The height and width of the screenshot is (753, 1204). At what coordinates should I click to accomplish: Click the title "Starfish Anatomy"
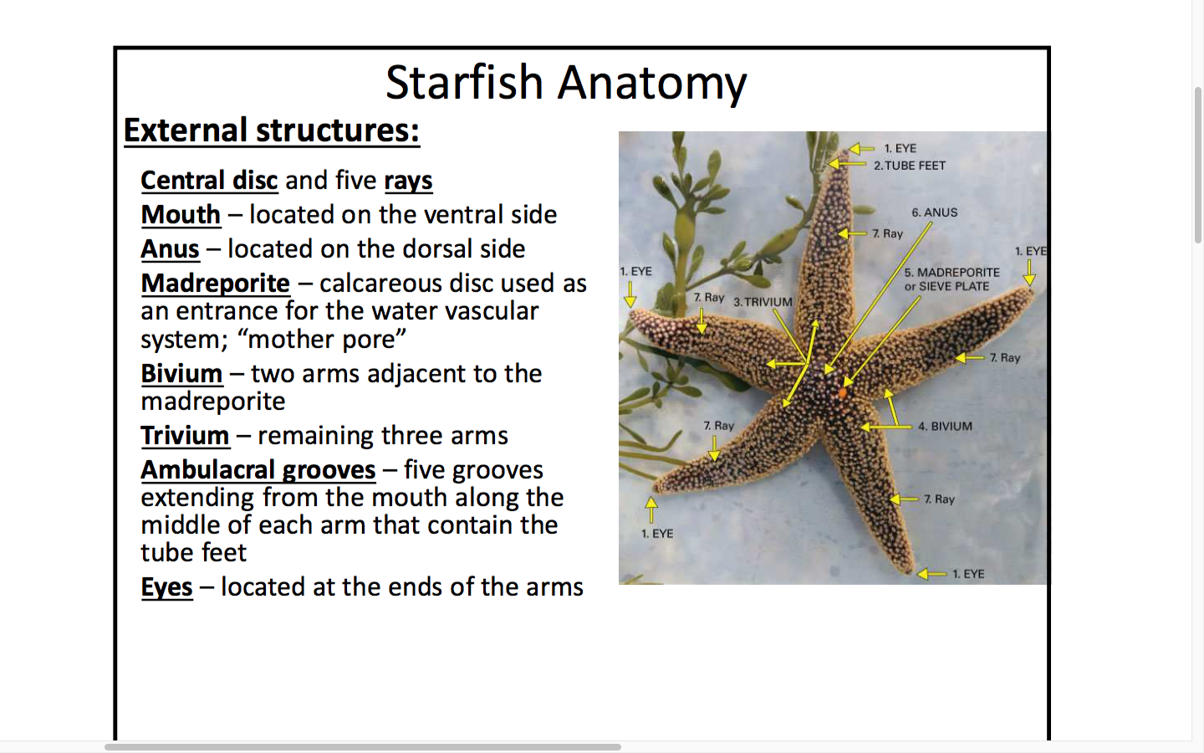[x=566, y=83]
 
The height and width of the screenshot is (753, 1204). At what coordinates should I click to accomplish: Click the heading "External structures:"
[x=272, y=131]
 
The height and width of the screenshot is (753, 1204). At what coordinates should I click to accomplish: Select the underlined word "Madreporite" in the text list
[x=216, y=283]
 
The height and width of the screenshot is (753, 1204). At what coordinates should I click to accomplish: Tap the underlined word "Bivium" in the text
[x=181, y=373]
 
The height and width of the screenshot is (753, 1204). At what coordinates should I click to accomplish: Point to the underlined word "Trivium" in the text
[x=185, y=435]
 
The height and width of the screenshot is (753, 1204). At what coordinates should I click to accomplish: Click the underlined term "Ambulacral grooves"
[x=258, y=470]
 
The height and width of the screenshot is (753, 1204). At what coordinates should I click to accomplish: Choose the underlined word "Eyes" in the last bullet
[x=166, y=587]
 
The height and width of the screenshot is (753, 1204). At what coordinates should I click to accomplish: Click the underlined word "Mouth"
[x=181, y=214]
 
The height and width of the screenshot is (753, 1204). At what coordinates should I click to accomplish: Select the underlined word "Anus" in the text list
[x=170, y=248]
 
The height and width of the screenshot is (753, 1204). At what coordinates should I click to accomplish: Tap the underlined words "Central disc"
[x=210, y=180]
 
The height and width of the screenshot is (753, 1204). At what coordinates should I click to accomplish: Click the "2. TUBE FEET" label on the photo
[x=910, y=166]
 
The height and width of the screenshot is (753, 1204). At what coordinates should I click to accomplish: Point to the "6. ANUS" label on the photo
[x=934, y=213]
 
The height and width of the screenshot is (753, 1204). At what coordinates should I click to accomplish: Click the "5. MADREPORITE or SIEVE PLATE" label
[x=951, y=279]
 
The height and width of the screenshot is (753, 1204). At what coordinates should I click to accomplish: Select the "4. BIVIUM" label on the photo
[x=945, y=427]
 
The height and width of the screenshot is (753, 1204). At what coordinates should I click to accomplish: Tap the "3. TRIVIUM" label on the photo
[x=763, y=302]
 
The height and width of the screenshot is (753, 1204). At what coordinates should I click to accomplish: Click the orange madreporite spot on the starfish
[x=843, y=393]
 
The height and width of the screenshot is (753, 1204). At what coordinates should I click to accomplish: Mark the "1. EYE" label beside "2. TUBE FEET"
[x=900, y=148]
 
